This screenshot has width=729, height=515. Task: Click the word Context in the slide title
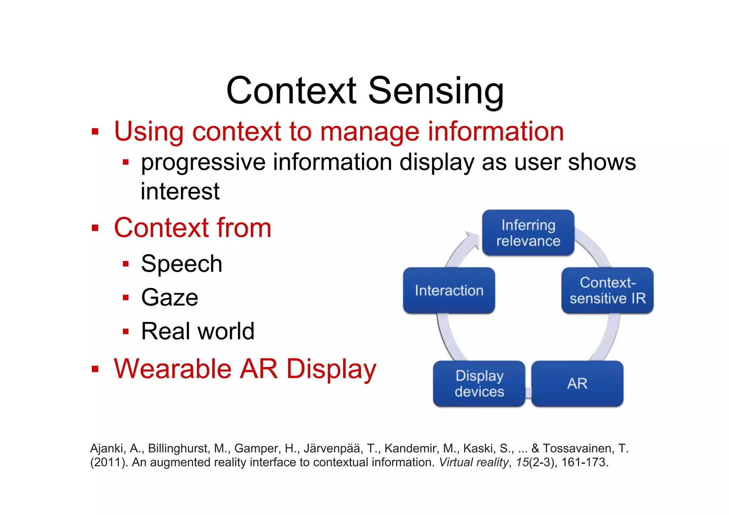[291, 91]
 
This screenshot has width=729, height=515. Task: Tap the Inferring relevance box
[528, 233]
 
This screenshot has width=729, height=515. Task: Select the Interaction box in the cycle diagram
[449, 290]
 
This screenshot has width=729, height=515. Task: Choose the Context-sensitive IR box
[607, 290]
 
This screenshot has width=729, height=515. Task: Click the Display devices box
[479, 384]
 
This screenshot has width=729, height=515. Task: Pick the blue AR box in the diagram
[577, 384]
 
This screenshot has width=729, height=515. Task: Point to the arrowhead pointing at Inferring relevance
[472, 238]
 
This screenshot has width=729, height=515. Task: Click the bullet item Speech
[182, 264]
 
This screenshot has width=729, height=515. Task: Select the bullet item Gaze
[169, 298]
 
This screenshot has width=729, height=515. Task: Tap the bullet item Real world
[198, 331]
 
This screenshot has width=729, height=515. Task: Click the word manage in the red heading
[369, 132]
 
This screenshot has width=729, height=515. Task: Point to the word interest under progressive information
[180, 191]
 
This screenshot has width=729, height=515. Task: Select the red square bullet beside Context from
[95, 228]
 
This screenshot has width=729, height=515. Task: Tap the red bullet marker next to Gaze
[125, 298]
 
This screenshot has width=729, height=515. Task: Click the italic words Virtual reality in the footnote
[473, 462]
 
